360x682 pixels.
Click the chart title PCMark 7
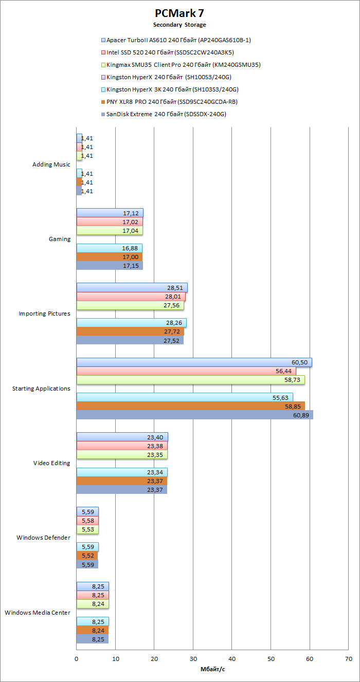point(179,13)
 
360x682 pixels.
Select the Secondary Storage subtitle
point(179,25)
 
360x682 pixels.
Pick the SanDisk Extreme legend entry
point(166,114)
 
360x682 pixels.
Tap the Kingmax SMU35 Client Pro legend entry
point(184,65)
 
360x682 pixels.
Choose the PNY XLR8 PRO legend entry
point(172,102)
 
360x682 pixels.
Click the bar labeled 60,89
point(194,415)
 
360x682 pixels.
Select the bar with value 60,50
point(194,362)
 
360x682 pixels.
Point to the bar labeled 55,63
point(185,397)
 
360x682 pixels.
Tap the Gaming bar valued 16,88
point(109,248)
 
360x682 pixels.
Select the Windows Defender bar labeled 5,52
point(87,556)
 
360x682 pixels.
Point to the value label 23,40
point(155,437)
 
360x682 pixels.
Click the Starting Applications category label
point(41,389)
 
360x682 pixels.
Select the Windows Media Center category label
point(38,613)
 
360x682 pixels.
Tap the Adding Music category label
point(51,164)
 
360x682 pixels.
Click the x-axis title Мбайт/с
point(212,669)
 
